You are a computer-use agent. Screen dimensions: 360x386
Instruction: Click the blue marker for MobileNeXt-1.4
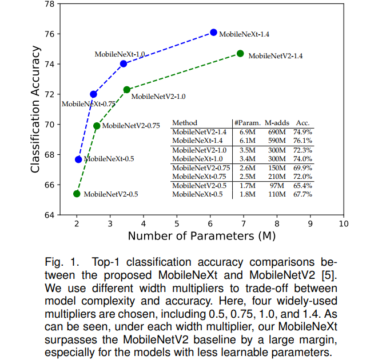[214, 33]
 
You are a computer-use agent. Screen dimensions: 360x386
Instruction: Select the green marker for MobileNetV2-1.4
[240, 54]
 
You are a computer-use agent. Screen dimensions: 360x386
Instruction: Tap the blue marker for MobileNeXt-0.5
[78, 159]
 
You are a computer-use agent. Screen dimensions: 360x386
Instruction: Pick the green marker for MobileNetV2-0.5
[77, 194]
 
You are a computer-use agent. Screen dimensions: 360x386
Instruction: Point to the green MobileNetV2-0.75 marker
[97, 126]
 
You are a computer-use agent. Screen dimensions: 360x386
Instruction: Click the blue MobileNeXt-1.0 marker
[124, 63]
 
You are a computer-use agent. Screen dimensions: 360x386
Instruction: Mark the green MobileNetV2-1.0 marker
[127, 90]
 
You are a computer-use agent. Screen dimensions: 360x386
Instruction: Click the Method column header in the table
[185, 123]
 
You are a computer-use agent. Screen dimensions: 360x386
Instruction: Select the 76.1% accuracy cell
[303, 140]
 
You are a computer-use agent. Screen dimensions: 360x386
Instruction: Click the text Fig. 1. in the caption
[59, 262]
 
